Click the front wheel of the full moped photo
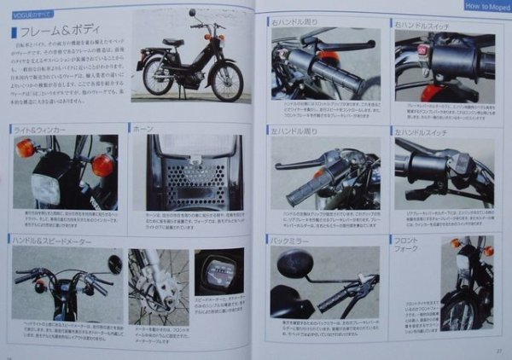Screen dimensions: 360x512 click(226, 81)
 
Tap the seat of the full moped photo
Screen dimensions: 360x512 click(173, 42)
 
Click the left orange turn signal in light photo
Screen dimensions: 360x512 click(26, 148)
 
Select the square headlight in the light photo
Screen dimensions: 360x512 click(47, 188)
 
